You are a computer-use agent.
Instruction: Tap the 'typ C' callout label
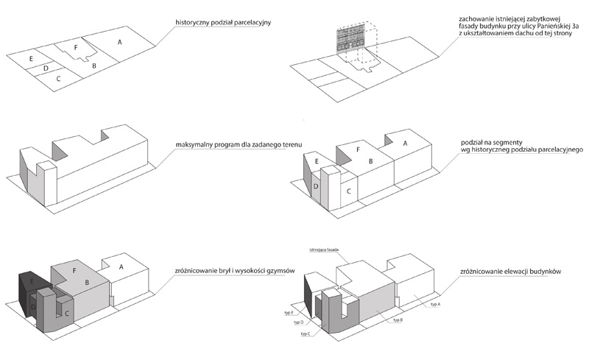306,333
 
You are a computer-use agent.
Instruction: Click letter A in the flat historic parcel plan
119,43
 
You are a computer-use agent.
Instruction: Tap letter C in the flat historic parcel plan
58,77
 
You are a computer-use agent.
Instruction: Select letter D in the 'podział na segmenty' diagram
316,188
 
